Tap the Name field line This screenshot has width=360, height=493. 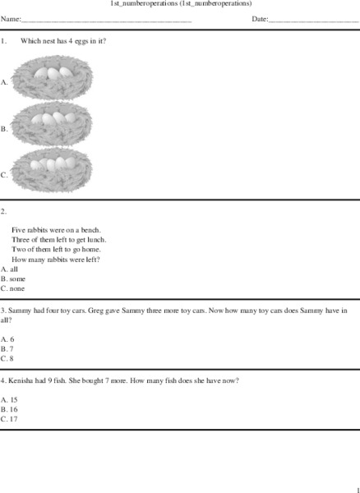coord(107,20)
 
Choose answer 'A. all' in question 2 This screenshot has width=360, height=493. coord(10,269)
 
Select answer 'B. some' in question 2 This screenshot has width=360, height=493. coord(13,279)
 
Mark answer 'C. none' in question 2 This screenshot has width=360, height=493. coord(13,288)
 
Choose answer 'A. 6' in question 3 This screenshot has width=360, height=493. coord(7,339)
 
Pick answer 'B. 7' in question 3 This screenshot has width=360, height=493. coord(7,348)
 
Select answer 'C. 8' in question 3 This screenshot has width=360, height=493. coord(7,358)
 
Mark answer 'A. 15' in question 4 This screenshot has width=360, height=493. coord(9,399)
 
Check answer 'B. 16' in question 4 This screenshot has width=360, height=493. coord(9,409)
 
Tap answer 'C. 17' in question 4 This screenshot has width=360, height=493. coord(9,419)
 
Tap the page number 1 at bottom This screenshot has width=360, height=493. coord(357,489)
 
